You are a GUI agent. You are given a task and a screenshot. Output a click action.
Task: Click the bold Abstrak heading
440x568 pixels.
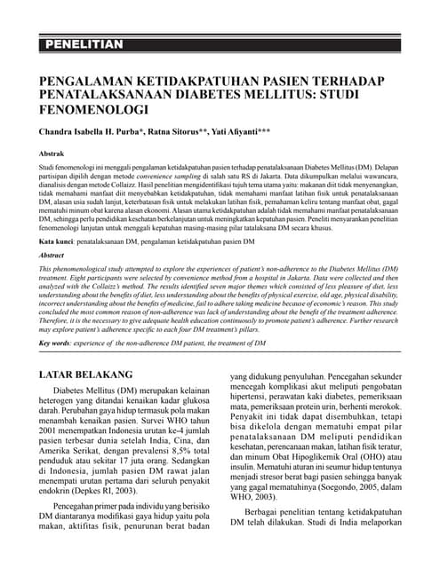(x=52, y=154)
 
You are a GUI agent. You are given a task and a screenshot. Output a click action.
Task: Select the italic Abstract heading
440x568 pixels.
(x=52, y=255)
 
